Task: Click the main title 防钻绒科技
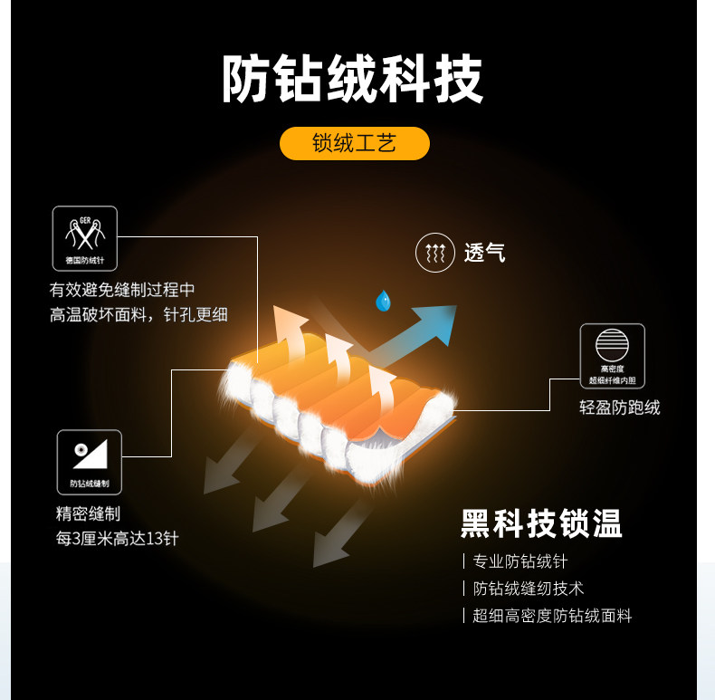pyautogui.click(x=353, y=80)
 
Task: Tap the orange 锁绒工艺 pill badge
pyautogui.click(x=354, y=143)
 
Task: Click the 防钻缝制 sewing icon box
pyautogui.click(x=89, y=461)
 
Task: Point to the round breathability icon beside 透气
pyautogui.click(x=435, y=253)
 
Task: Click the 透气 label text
pyautogui.click(x=484, y=254)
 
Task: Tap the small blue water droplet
pyautogui.click(x=383, y=300)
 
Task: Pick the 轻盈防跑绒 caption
pyautogui.click(x=620, y=408)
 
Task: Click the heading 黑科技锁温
pyautogui.click(x=541, y=523)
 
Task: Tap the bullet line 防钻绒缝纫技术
pyautogui.click(x=529, y=589)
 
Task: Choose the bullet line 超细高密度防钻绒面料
pyautogui.click(x=552, y=616)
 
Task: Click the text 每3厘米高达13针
pyautogui.click(x=117, y=539)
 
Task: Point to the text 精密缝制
pyautogui.click(x=88, y=514)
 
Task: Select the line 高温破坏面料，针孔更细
pyautogui.click(x=138, y=315)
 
